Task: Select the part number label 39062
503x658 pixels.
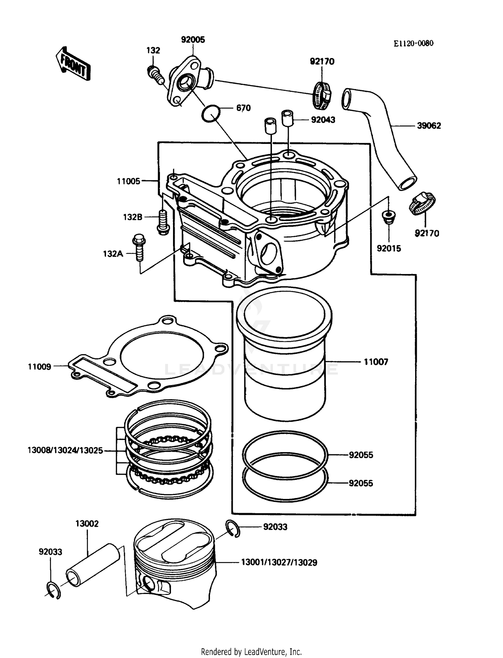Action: tap(429, 126)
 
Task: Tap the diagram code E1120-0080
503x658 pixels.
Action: tap(413, 44)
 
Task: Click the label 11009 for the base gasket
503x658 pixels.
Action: tap(40, 367)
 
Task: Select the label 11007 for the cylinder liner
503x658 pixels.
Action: tap(376, 362)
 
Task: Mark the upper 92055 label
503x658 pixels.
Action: tap(361, 455)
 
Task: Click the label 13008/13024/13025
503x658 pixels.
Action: tap(65, 450)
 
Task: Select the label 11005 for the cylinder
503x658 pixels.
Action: tap(128, 181)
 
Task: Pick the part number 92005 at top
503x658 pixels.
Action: tap(193, 40)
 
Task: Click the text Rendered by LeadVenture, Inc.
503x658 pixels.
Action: tap(251, 652)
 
